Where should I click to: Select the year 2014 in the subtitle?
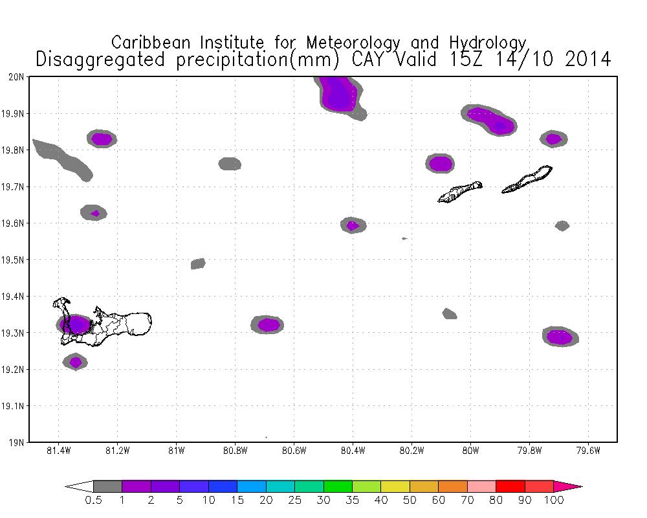pos(587,60)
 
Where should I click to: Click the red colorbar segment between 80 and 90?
pos(510,486)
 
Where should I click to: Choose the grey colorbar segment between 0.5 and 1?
pos(107,486)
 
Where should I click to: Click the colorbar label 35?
pos(352,501)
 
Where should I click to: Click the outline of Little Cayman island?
pos(460,192)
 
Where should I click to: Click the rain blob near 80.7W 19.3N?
pos(269,324)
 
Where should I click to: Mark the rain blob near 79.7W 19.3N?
pos(560,337)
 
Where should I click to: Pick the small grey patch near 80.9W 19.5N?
pos(198,264)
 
